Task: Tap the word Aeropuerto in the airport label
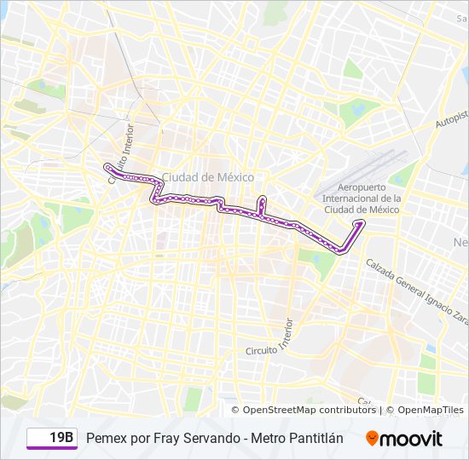[362, 187]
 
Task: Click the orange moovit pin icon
[372, 438]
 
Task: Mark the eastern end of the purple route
[362, 222]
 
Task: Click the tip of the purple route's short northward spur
[262, 198]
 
